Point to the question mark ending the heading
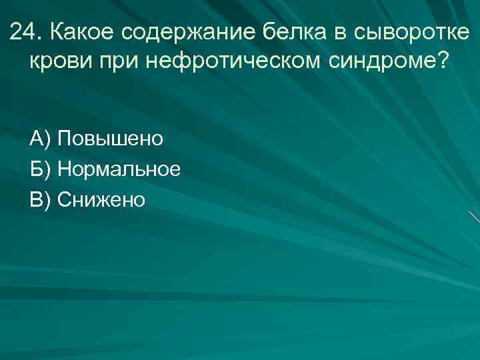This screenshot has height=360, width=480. click(x=443, y=61)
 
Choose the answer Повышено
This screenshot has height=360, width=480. click(x=110, y=139)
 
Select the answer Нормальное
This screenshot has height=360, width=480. click(x=119, y=169)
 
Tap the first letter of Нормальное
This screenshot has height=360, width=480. click(x=65, y=169)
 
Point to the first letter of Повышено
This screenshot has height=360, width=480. click(x=65, y=139)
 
